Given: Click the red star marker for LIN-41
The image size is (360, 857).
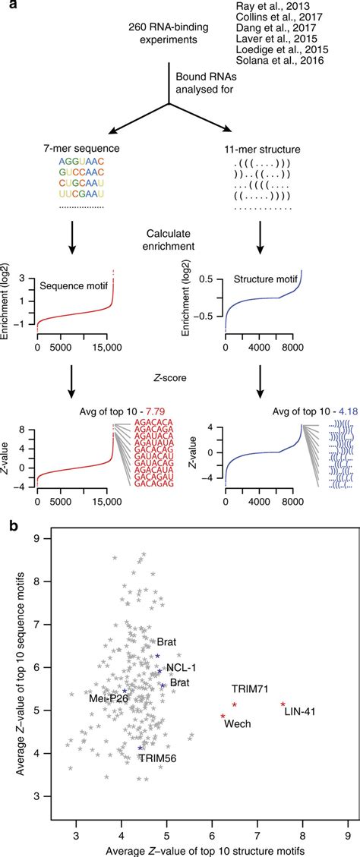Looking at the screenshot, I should coord(283,704).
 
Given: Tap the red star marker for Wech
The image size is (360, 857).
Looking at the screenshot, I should coord(223,716).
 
